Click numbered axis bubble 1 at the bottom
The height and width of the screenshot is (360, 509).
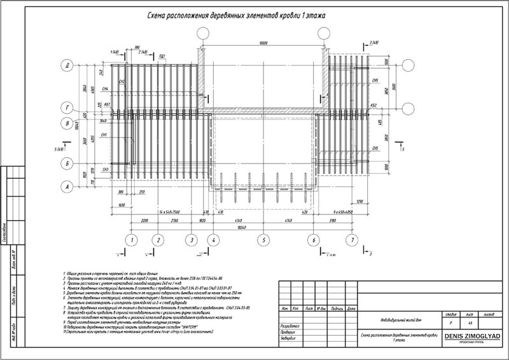[131, 240]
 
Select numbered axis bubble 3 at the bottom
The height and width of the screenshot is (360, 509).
[190, 240]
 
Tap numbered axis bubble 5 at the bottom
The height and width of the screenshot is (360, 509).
[261, 240]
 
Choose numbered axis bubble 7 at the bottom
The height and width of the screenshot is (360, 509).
[349, 240]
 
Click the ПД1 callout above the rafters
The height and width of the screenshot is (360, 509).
[162, 57]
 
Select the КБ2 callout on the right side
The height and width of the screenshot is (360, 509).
[373, 104]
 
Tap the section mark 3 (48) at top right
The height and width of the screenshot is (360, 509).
[373, 43]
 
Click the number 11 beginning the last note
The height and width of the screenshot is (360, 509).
[64, 331]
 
